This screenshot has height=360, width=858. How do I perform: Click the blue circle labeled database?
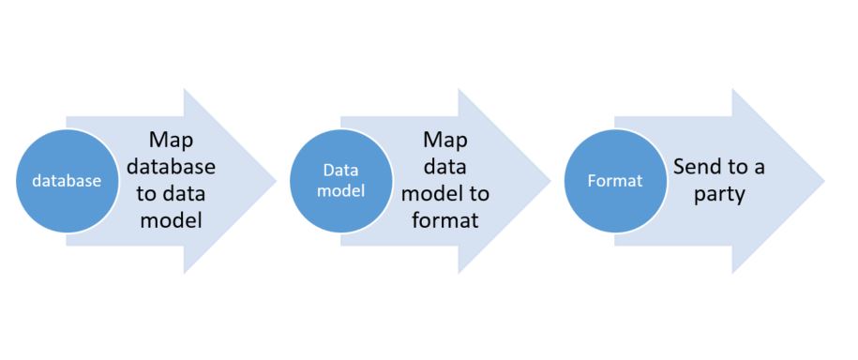[x=67, y=181]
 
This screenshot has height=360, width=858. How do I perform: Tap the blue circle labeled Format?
[x=615, y=181]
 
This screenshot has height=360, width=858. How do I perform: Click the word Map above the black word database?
[x=172, y=141]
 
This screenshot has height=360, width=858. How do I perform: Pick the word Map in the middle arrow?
[x=445, y=141]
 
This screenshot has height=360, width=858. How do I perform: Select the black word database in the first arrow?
[x=172, y=167]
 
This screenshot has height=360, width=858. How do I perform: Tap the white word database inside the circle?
[x=67, y=182]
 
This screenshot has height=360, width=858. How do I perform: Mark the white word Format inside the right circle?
[x=615, y=181]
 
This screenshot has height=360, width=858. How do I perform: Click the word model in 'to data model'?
[x=172, y=222]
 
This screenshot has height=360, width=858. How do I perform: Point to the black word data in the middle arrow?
[x=445, y=168]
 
